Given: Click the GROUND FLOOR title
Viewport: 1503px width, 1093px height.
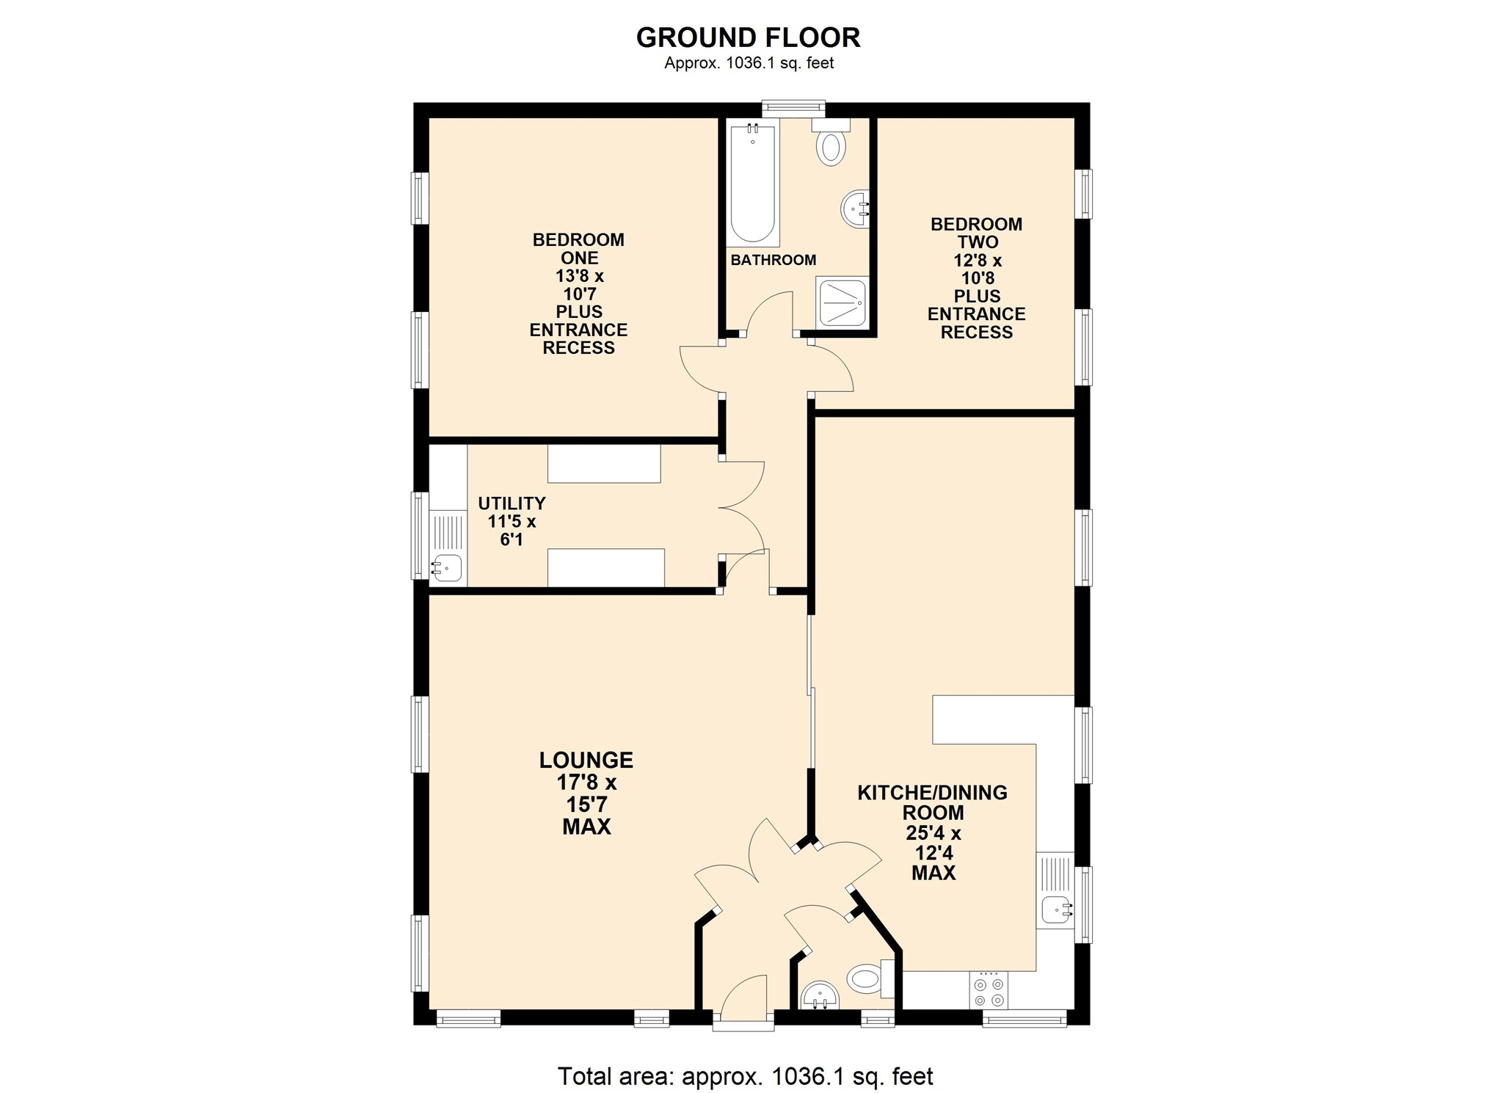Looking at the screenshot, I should (x=748, y=37).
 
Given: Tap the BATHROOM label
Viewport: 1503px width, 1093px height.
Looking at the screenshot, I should (x=773, y=260).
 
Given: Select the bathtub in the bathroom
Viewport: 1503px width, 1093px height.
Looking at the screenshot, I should (x=752, y=185).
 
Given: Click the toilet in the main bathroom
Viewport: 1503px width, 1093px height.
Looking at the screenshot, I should (x=831, y=145).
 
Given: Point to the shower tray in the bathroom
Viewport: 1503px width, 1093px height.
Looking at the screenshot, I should (x=843, y=302).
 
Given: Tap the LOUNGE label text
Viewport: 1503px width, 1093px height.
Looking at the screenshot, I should (x=586, y=760).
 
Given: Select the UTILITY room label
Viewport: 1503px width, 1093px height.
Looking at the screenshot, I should (x=512, y=504).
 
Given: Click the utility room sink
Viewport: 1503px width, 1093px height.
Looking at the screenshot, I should (x=447, y=567).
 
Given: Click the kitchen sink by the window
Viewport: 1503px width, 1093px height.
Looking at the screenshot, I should (x=1055, y=910).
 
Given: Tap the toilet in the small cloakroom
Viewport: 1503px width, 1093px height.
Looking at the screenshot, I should (x=865, y=978).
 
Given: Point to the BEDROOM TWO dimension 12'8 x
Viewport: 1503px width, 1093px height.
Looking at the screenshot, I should (x=977, y=261).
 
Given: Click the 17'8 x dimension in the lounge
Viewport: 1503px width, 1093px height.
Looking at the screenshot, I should (x=586, y=782).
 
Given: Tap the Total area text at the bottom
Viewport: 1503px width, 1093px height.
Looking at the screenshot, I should (x=745, y=1076).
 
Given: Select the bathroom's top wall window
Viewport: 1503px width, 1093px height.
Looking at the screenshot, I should (x=793, y=109).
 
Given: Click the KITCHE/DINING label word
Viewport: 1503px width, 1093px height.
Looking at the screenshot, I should (x=932, y=793).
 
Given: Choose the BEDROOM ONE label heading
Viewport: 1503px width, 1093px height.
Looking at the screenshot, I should (x=578, y=249).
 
